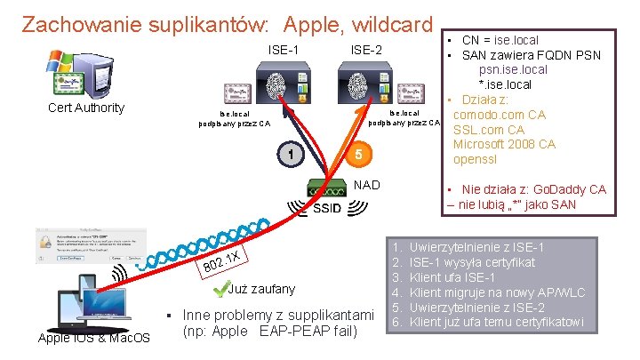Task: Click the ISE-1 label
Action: coord(283,49)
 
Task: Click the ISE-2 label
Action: coord(365,49)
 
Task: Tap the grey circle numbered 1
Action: coord(291,156)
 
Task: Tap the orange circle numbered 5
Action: coord(357,156)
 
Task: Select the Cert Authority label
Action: coord(85,108)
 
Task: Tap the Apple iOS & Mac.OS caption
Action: coord(94,338)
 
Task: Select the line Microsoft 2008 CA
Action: coord(504,144)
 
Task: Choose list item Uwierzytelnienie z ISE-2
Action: coord(496,307)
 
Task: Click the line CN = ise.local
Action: coord(500,40)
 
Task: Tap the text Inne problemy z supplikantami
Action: coord(277,316)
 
